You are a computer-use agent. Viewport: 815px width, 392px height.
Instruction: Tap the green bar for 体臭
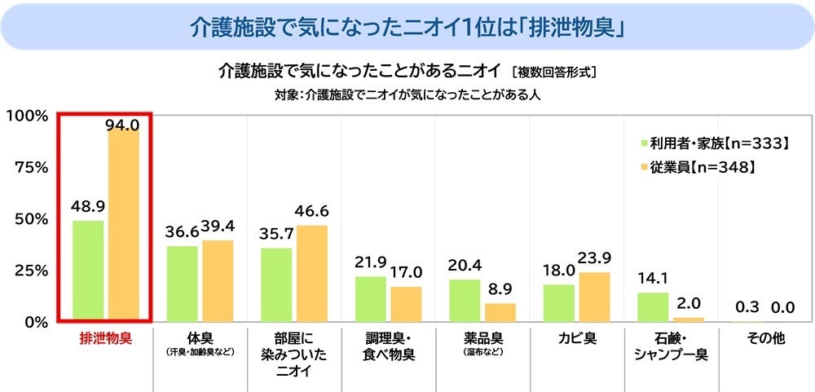[182, 283]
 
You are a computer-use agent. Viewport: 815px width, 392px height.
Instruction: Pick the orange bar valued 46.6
[311, 272]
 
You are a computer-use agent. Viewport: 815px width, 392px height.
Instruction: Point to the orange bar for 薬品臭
[500, 311]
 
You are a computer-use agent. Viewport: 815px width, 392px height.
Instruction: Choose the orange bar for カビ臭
[594, 296]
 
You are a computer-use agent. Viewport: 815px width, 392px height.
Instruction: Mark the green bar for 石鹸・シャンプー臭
[652, 306]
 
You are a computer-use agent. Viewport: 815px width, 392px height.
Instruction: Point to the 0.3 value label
[747, 306]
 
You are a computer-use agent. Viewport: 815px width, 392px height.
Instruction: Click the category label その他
[766, 337]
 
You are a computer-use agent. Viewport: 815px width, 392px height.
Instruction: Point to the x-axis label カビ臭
[576, 337]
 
